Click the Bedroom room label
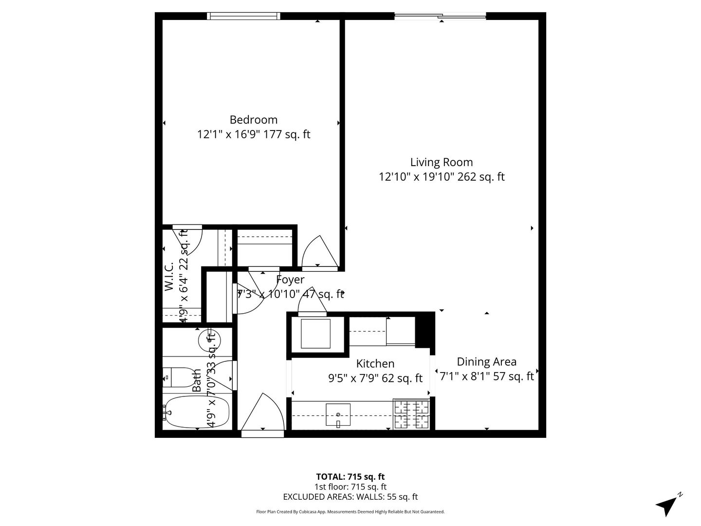pos(253,120)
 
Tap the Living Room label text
pos(441,162)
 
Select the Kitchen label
pos(375,364)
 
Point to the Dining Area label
pos(486,362)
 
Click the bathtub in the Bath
pos(197,412)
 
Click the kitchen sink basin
pos(338,415)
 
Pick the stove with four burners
pos(411,414)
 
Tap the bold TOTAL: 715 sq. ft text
pos(350,477)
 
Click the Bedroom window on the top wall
pos(243,16)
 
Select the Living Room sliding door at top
pos(440,17)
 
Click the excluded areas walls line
pos(350,497)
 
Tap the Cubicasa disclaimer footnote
pos(350,512)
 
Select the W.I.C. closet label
pos(169,277)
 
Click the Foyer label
pos(290,280)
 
